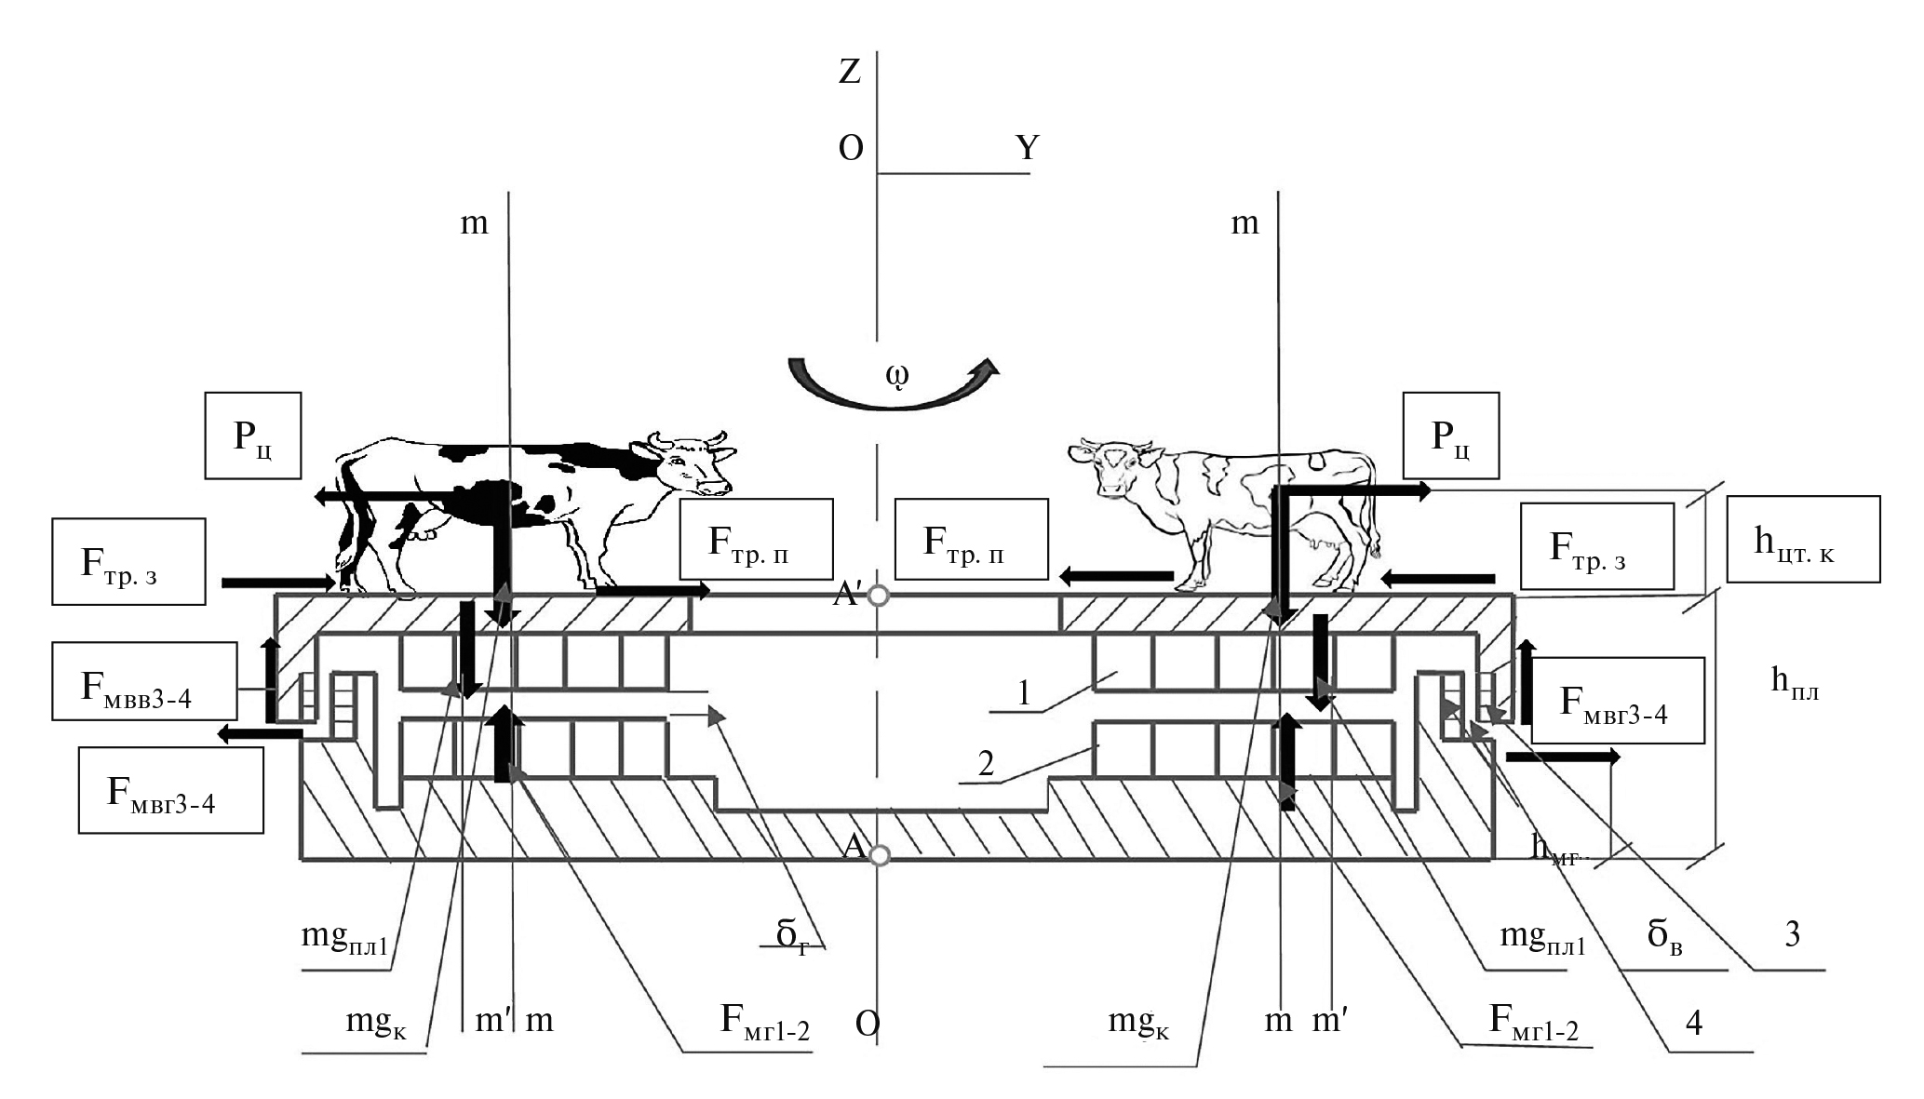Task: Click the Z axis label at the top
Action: [x=849, y=72]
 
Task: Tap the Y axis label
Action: [x=1027, y=148]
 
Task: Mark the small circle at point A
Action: [x=879, y=855]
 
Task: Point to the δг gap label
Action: [x=793, y=935]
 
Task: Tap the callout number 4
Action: [x=1694, y=1024]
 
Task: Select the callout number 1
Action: [x=1023, y=694]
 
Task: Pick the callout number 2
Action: [x=987, y=764]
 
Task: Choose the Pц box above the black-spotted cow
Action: [x=253, y=436]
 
